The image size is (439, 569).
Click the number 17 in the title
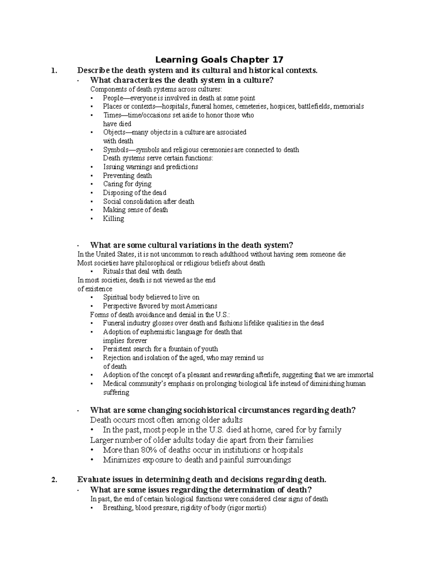(277, 60)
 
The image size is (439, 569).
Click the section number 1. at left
(55, 71)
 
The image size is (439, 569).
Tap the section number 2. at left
(55, 480)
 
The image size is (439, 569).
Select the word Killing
(113, 219)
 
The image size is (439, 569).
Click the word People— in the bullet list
(115, 98)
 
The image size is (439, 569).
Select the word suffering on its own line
(116, 392)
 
